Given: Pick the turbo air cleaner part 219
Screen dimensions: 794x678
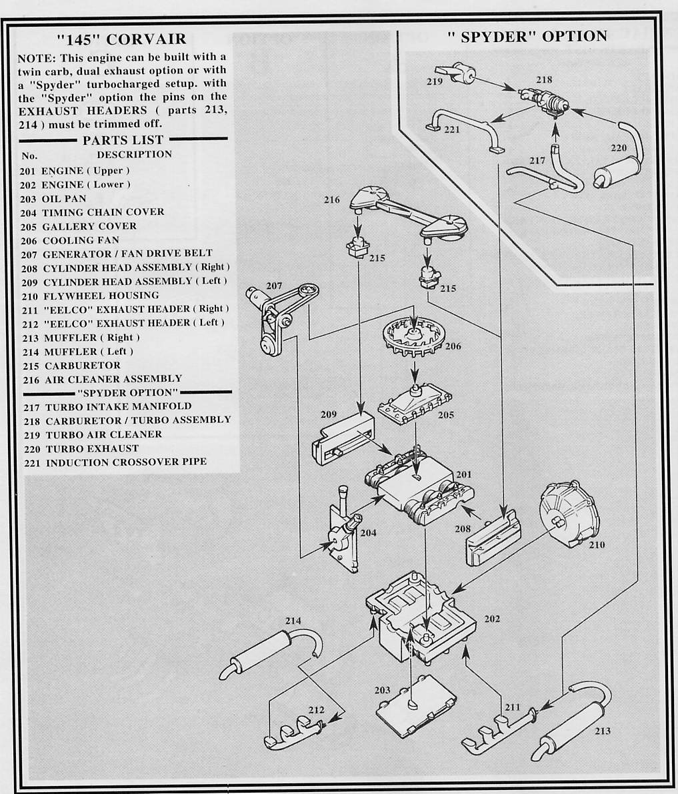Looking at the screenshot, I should pos(455,73).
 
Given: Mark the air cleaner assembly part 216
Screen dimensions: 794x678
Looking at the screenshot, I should pos(407,212).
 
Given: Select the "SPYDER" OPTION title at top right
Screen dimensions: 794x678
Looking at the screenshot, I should pos(526,37).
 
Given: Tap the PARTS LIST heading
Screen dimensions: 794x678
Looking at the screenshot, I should pos(123,140).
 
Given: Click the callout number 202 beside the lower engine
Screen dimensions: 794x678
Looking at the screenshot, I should pos(491,619).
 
